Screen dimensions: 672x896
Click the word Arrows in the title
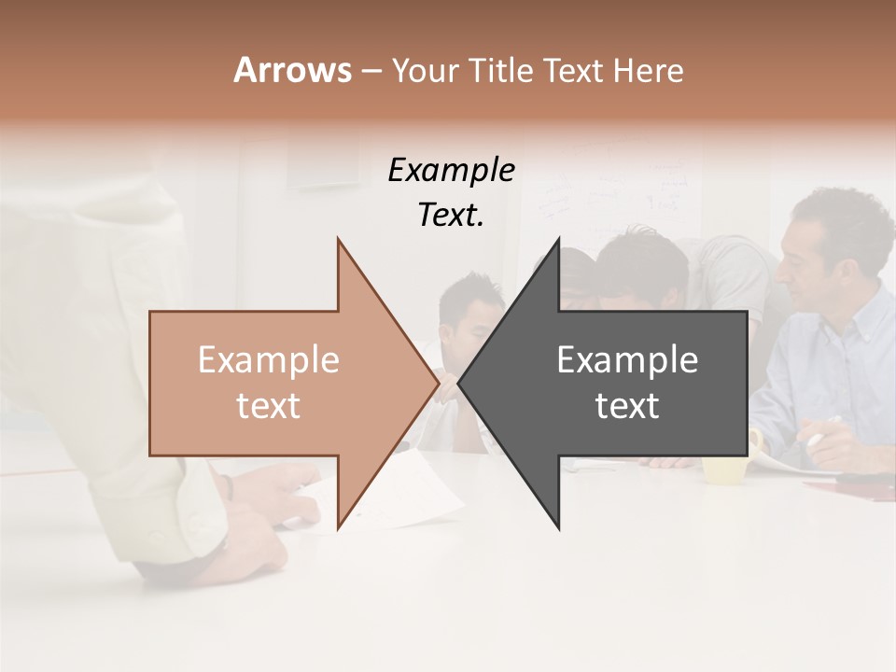click(x=292, y=70)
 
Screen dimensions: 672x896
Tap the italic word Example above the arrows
click(x=451, y=171)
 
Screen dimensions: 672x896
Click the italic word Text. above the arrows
click(x=451, y=216)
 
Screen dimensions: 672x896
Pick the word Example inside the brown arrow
click(x=269, y=360)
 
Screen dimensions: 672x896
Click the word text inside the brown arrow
click(x=269, y=406)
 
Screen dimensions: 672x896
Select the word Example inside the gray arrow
click(x=627, y=360)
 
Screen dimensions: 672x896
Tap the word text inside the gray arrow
click(x=627, y=406)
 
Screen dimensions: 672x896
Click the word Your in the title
click(x=424, y=71)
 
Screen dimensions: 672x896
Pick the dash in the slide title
click(x=371, y=71)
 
